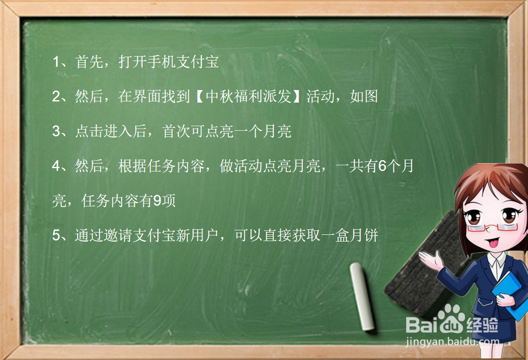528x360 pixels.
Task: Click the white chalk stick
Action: [x=362, y=297]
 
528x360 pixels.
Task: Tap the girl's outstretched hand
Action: [x=430, y=260]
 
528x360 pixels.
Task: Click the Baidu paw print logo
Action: [x=452, y=318]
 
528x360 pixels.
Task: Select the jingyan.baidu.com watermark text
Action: [x=452, y=341]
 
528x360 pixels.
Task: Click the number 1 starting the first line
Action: [x=55, y=62]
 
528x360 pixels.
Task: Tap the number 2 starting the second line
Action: [x=56, y=97]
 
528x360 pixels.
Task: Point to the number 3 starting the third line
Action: [x=56, y=131]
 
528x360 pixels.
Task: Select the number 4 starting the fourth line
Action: [x=56, y=166]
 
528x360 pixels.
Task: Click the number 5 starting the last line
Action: [x=56, y=235]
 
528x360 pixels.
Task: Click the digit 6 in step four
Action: [x=382, y=166]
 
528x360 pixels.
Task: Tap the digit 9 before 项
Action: [x=157, y=201]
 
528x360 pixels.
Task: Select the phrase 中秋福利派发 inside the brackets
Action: [x=248, y=97]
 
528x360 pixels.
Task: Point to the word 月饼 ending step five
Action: [x=364, y=235]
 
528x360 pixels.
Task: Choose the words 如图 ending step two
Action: [x=364, y=97]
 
